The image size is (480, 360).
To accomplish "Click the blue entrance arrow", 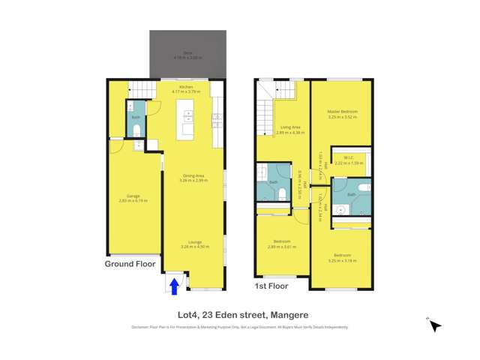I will coord(175,286).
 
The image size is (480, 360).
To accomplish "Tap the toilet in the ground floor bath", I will coord(136,130).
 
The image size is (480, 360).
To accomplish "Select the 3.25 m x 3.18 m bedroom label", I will coord(342,257).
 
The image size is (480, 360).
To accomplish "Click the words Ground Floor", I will coord(130,264).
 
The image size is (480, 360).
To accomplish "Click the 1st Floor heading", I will coord(271,286).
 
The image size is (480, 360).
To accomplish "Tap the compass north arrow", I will coord(434,325).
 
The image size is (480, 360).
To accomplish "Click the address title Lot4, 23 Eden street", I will coord(239,315).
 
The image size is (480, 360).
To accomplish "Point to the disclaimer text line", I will coord(239,327).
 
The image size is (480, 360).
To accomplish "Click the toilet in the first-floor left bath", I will coord(283,193).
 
